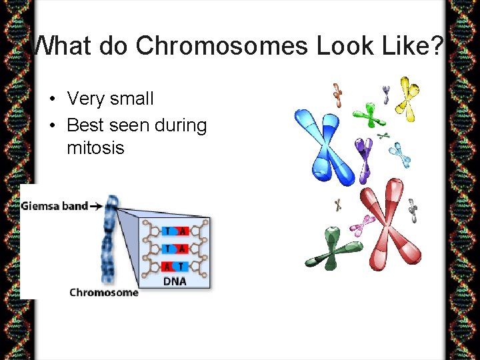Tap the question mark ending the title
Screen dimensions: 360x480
(x=436, y=46)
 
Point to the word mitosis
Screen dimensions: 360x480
(x=95, y=147)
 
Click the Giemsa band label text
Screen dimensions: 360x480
(x=54, y=206)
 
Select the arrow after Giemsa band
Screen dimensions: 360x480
(x=96, y=206)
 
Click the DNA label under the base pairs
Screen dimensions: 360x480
(x=175, y=281)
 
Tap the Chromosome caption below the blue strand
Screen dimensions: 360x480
(x=104, y=292)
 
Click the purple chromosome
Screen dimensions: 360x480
(x=364, y=157)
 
